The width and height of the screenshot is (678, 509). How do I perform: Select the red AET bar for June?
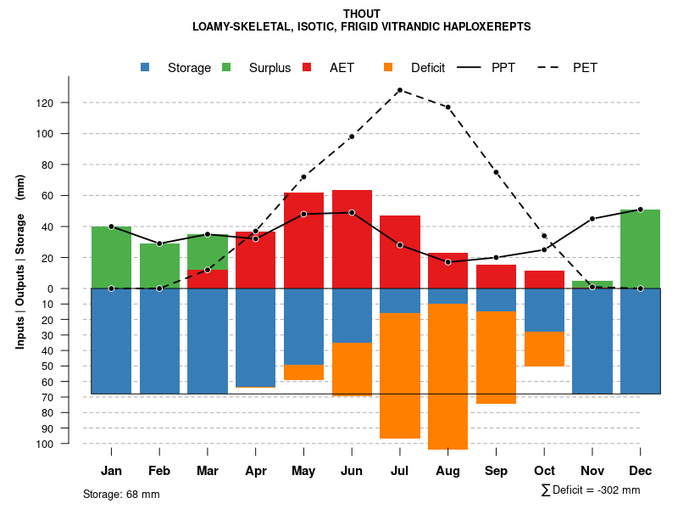[x=352, y=239]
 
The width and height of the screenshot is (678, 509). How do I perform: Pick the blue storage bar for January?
[x=111, y=341]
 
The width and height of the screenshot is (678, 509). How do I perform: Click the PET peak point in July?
[x=399, y=90]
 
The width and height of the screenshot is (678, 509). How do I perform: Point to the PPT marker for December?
[x=640, y=210]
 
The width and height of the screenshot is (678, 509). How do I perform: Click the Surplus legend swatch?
[x=227, y=68]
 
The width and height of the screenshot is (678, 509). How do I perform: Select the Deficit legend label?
[x=428, y=68]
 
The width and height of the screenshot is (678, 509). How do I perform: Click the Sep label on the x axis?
[x=496, y=471]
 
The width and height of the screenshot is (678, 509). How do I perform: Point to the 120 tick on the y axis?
[x=68, y=103]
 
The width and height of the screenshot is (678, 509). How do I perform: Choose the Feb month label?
[x=159, y=471]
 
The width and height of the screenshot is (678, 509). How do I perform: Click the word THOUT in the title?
[x=362, y=14]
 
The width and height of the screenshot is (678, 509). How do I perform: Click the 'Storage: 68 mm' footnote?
[x=121, y=494]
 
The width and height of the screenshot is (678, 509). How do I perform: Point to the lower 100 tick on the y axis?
[x=68, y=444]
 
